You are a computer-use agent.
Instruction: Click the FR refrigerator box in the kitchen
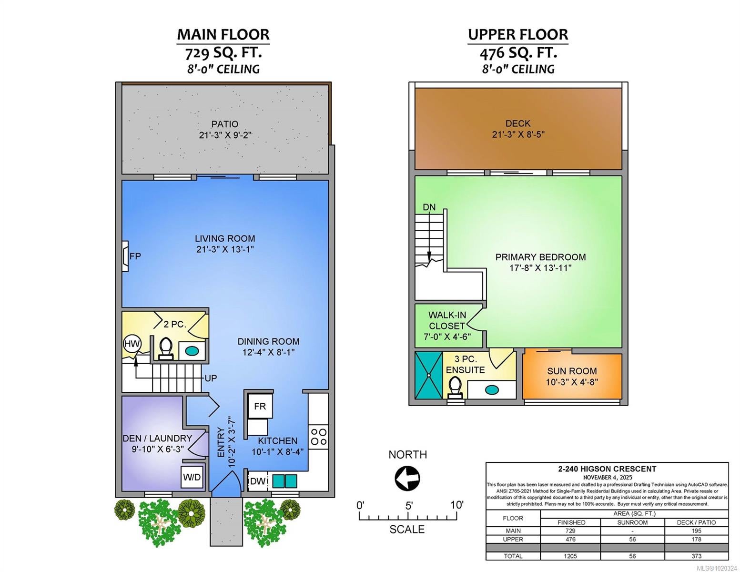tap(260, 406)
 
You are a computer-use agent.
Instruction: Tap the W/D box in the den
tap(192, 477)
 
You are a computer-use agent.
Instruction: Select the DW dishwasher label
tap(258, 481)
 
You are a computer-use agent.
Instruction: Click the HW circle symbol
tap(132, 344)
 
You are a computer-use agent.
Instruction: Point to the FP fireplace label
tap(135, 256)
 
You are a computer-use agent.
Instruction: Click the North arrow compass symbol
tap(407, 478)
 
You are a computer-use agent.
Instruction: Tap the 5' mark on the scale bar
tap(409, 506)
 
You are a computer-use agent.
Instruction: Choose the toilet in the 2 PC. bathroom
tap(166, 349)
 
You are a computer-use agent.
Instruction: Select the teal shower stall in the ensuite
tap(429, 375)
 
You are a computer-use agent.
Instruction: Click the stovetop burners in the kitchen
tap(319, 437)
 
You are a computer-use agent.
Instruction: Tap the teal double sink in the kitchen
tap(284, 481)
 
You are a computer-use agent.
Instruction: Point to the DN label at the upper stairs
tap(429, 207)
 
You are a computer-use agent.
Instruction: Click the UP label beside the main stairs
tap(211, 378)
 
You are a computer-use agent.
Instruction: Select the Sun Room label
tap(572, 371)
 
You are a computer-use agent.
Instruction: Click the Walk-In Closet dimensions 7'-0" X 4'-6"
tap(447, 337)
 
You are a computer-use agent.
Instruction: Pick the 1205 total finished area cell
tap(570, 556)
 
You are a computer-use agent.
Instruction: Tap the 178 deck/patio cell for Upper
tap(697, 539)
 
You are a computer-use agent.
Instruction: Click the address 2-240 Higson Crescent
tap(607, 469)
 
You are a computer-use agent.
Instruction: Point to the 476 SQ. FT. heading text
tap(518, 53)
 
